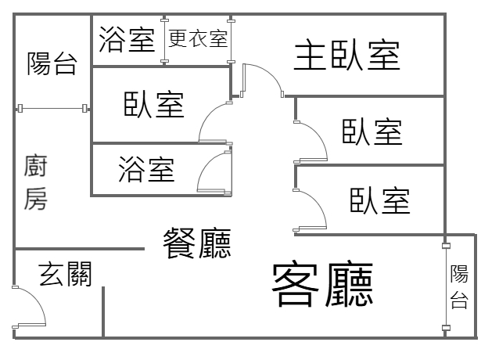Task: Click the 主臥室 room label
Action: click(347, 56)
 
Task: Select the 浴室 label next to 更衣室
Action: click(127, 40)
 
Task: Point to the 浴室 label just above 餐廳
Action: click(146, 168)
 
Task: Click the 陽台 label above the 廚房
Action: click(52, 63)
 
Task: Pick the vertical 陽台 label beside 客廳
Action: click(459, 287)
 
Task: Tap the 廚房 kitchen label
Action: click(36, 182)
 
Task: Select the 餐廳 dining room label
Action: click(196, 243)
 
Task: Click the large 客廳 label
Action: click(321, 284)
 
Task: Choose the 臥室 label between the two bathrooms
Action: click(153, 104)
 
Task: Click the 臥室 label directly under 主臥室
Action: click(372, 131)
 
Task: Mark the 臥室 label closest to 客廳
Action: click(379, 200)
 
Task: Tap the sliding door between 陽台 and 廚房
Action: click(52, 108)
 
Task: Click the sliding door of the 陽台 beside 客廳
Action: click(446, 286)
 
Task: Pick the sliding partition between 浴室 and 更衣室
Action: click(163, 40)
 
